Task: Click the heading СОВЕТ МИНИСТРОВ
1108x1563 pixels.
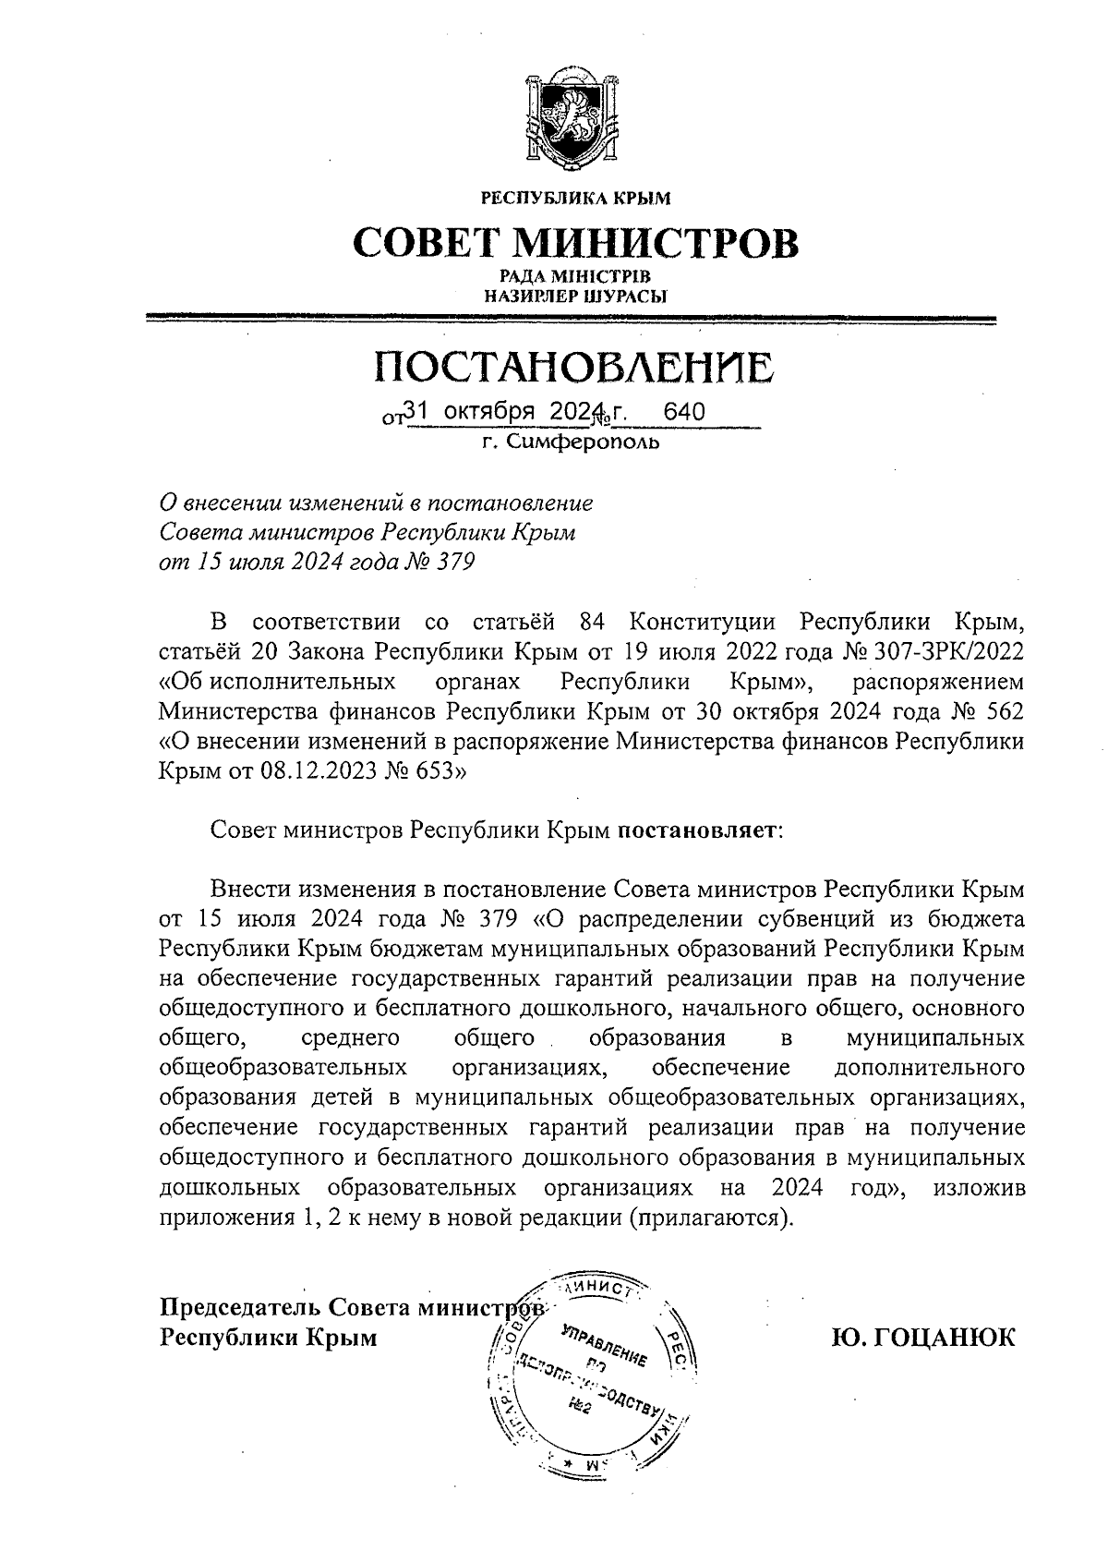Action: (x=576, y=241)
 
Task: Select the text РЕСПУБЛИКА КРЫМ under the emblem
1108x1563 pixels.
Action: (x=575, y=197)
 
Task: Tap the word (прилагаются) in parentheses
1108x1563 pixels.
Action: (x=710, y=1218)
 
